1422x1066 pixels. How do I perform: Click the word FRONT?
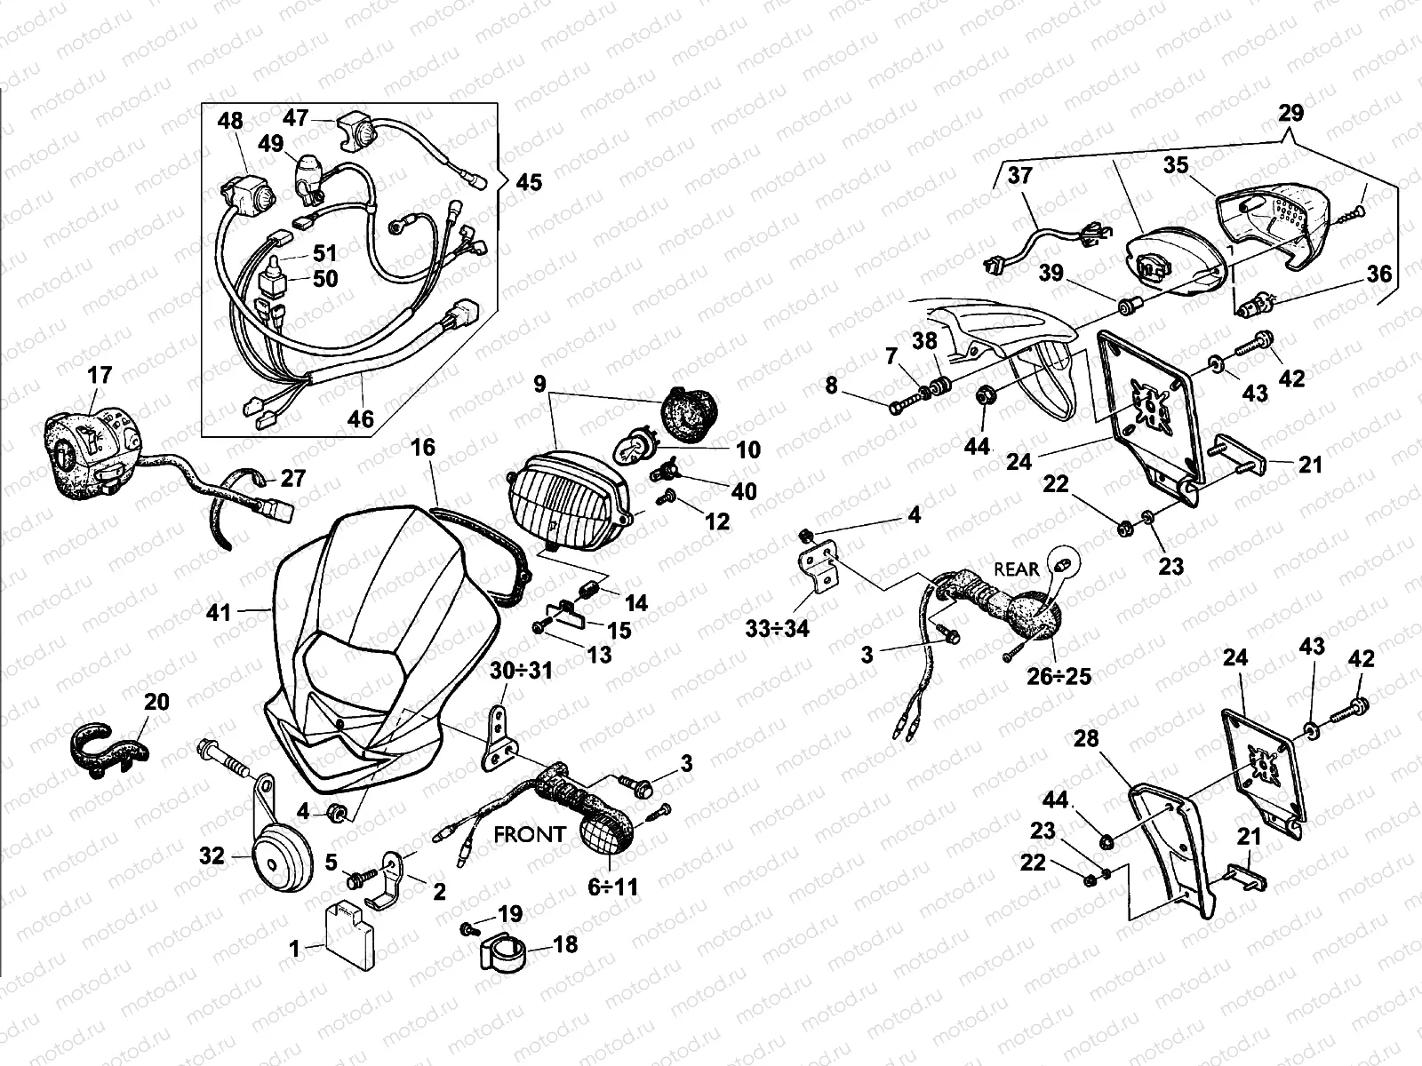(x=530, y=836)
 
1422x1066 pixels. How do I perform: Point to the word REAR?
(x=1016, y=569)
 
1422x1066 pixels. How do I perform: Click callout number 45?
(x=529, y=182)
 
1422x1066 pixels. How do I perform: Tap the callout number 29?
(x=1290, y=114)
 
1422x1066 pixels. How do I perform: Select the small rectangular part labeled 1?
(x=349, y=937)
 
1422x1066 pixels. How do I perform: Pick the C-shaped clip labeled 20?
(x=108, y=749)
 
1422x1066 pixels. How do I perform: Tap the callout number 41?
(x=219, y=612)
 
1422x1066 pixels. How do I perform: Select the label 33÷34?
(x=777, y=628)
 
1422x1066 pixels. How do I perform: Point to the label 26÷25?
(x=1059, y=677)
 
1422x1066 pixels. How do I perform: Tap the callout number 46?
(x=361, y=418)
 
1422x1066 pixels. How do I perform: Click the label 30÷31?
(x=521, y=672)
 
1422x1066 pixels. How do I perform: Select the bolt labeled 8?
(x=907, y=402)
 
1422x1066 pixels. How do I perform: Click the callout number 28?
(x=1086, y=738)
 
